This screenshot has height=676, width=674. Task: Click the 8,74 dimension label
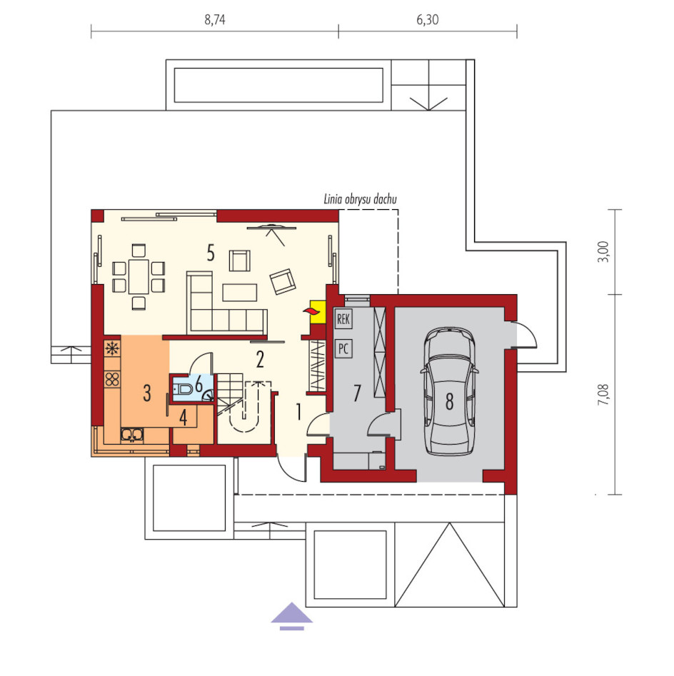[215, 20]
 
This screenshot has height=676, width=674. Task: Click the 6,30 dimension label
[428, 20]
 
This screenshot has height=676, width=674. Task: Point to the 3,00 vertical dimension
[604, 252]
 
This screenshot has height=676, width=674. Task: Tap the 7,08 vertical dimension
[604, 394]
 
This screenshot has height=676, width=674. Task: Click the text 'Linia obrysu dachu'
[360, 199]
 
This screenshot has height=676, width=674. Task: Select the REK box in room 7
[343, 319]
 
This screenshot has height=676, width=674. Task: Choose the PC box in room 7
[343, 348]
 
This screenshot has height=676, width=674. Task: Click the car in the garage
[449, 391]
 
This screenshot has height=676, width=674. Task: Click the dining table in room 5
[139, 276]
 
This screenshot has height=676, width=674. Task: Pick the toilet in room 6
[183, 389]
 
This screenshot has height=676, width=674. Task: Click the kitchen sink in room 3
[131, 435]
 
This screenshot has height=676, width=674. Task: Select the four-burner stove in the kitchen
[112, 379]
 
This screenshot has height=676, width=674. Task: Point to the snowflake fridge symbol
[112, 348]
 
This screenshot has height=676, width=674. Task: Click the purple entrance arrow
[292, 615]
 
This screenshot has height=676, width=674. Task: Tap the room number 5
[211, 253]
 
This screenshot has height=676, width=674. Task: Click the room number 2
[260, 360]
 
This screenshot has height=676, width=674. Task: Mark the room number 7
[356, 393]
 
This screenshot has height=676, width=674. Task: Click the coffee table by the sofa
[240, 292]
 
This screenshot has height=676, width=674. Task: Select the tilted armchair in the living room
[283, 281]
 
